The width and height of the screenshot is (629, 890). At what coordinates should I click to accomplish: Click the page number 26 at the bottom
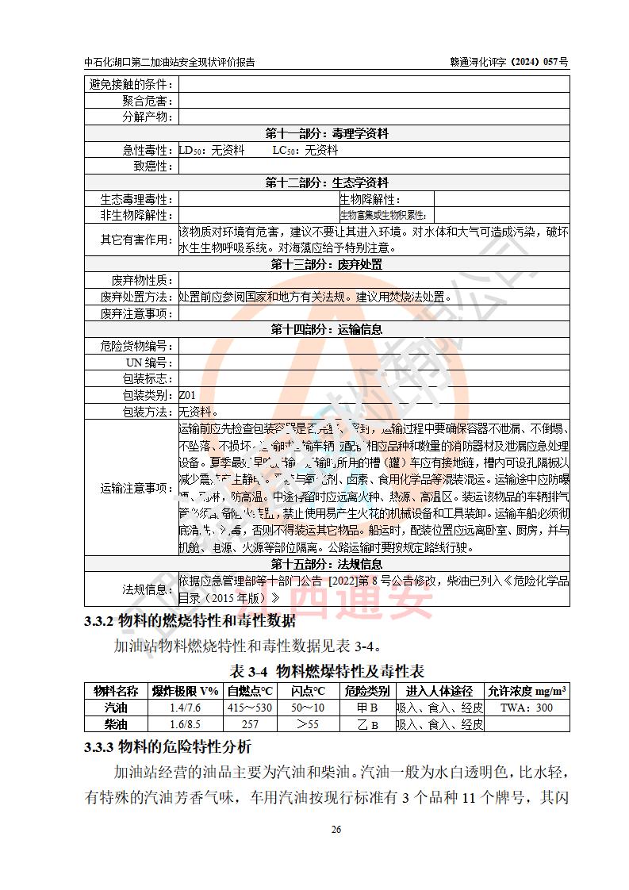pyautogui.click(x=336, y=830)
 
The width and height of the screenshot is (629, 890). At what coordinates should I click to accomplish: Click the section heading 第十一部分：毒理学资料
pyautogui.click(x=327, y=133)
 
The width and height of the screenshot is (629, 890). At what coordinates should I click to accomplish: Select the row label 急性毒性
pyautogui.click(x=148, y=150)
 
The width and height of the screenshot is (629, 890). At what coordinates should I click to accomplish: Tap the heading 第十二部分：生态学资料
pyautogui.click(x=327, y=182)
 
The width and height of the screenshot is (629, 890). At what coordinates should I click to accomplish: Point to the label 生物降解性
pyautogui.click(x=370, y=199)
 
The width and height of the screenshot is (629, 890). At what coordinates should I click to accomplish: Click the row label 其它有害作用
pyautogui.click(x=136, y=240)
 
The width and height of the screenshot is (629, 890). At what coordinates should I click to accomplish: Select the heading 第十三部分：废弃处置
pyautogui.click(x=327, y=264)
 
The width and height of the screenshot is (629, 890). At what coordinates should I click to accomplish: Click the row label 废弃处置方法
pyautogui.click(x=136, y=297)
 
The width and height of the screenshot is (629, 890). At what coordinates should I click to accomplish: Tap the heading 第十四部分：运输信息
pyautogui.click(x=327, y=329)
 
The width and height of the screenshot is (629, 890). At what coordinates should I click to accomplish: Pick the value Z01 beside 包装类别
pyautogui.click(x=187, y=395)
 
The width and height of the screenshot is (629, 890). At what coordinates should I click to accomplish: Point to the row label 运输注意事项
pyautogui.click(x=136, y=488)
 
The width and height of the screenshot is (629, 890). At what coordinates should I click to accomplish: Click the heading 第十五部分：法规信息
pyautogui.click(x=327, y=564)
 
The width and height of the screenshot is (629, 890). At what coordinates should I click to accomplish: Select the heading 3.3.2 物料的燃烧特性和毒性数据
pyautogui.click(x=190, y=621)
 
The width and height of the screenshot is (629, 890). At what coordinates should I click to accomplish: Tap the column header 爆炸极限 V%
pyautogui.click(x=185, y=691)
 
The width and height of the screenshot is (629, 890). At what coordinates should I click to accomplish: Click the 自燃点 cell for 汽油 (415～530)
pyautogui.click(x=249, y=708)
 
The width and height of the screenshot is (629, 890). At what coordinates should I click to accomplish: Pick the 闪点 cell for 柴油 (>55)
pyautogui.click(x=308, y=724)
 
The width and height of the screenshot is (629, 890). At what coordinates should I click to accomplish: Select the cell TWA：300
pyautogui.click(x=527, y=708)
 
